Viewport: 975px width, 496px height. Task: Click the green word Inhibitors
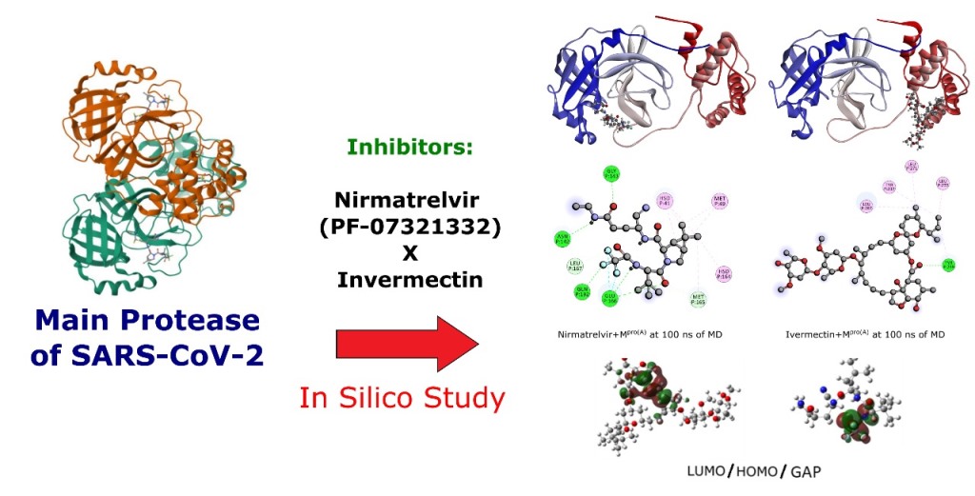pyautogui.click(x=410, y=149)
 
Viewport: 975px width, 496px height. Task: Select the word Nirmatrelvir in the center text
pyautogui.click(x=410, y=202)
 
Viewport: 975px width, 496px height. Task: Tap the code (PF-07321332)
pyautogui.click(x=410, y=228)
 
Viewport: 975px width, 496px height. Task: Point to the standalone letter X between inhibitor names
pyautogui.click(x=410, y=254)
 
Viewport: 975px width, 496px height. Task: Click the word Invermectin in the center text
pyautogui.click(x=410, y=281)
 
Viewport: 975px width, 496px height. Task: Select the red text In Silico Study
pyautogui.click(x=402, y=398)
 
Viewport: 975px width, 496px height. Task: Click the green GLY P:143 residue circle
pyautogui.click(x=610, y=173)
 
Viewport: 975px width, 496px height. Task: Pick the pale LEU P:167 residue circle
pyautogui.click(x=574, y=266)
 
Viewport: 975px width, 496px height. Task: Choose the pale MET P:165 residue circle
pyautogui.click(x=698, y=300)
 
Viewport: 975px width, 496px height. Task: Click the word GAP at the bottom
pyautogui.click(x=805, y=470)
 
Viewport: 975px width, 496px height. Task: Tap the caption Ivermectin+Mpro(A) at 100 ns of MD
pyautogui.click(x=865, y=334)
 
